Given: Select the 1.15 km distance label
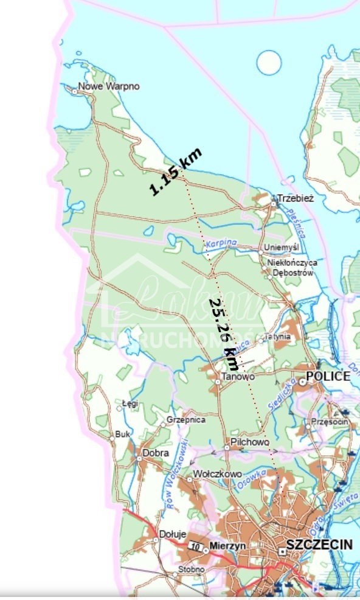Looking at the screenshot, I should tap(175, 172).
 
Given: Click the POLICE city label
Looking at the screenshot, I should tap(328, 376).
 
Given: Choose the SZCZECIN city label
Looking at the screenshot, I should tap(319, 545).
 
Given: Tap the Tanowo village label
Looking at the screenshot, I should tap(238, 376).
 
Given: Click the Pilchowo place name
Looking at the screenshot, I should tap(250, 442).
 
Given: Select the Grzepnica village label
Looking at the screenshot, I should tap(186, 420).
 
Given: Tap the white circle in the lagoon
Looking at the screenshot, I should tap(269, 63).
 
